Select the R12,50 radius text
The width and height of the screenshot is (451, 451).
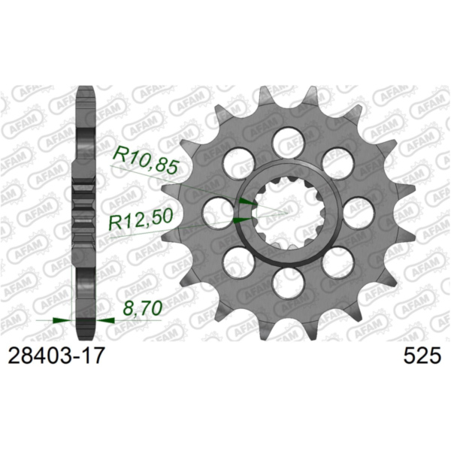(x=142, y=220)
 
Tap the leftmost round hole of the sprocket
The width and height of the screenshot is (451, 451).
(x=215, y=211)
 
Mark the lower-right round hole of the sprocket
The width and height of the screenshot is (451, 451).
(x=338, y=262)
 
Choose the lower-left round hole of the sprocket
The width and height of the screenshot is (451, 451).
(x=236, y=262)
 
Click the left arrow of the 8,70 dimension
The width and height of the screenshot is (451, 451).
(x=61, y=320)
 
